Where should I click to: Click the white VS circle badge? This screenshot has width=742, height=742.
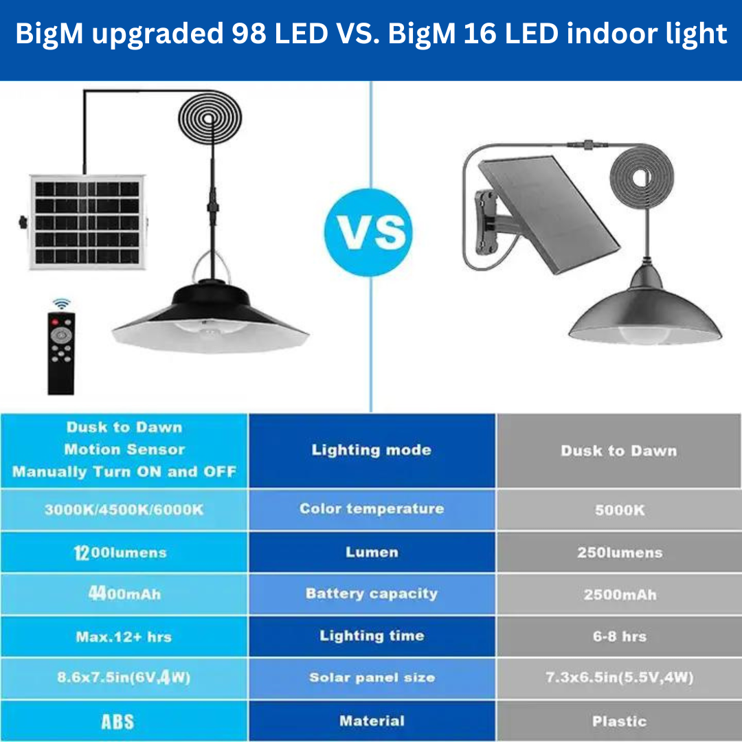coord(368,232)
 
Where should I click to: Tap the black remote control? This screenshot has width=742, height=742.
coord(61,353)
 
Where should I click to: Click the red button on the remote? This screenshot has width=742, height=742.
coord(55,322)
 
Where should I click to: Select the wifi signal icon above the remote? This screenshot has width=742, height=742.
coord(62,304)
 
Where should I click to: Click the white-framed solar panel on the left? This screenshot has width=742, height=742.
coord(87,222)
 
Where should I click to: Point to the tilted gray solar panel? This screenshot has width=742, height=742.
coord(549,214)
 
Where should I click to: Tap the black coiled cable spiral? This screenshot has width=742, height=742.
coord(210,118)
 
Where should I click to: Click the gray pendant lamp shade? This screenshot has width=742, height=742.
coord(645,308)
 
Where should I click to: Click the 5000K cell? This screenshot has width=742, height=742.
coord(619,510)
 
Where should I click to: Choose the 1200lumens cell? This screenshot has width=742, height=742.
coord(124,552)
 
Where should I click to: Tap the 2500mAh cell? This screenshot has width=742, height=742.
coord(619,594)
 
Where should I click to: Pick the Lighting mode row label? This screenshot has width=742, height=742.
coord(372,449)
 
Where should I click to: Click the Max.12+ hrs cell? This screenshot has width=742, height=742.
coord(124,636)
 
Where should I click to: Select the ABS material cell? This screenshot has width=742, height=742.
coord(124,721)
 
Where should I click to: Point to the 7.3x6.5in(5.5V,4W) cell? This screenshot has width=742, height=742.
coord(619,677)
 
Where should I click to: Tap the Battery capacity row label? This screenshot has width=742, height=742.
coord(372,594)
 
